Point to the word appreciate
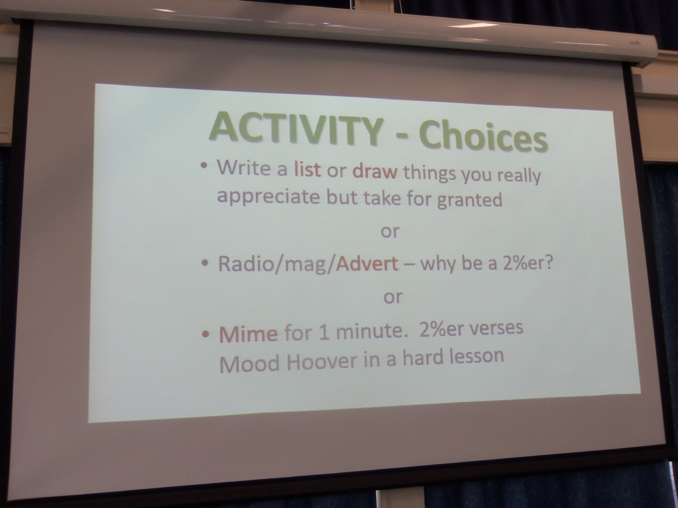click(268, 197)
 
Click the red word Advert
click(367, 264)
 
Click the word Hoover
click(322, 362)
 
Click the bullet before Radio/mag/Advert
click(205, 263)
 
